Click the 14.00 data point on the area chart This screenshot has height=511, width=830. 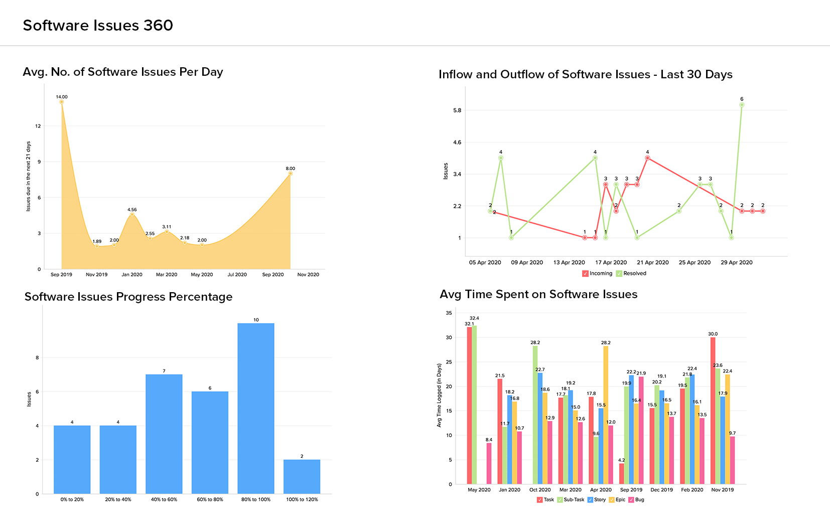(x=62, y=102)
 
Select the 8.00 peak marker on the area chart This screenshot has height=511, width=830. (x=290, y=174)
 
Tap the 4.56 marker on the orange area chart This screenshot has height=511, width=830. (x=132, y=214)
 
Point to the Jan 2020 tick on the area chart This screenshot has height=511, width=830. (x=132, y=275)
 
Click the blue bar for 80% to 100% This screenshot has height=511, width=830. (x=256, y=408)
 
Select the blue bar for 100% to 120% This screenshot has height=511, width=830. (x=302, y=476)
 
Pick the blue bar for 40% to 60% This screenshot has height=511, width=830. (x=164, y=434)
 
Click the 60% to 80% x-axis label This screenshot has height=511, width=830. (x=210, y=499)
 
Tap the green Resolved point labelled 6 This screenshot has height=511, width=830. (x=742, y=105)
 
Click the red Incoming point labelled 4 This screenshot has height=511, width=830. (x=647, y=158)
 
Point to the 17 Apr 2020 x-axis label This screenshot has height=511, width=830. (x=611, y=263)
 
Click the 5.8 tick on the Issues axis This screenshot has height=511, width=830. (x=457, y=110)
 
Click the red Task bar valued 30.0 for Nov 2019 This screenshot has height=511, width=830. (x=713, y=411)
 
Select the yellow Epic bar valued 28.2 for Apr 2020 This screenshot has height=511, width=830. (x=606, y=415)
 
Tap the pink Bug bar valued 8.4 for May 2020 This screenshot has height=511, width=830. (x=489, y=463)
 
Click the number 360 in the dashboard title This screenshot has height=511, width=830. (x=158, y=26)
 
